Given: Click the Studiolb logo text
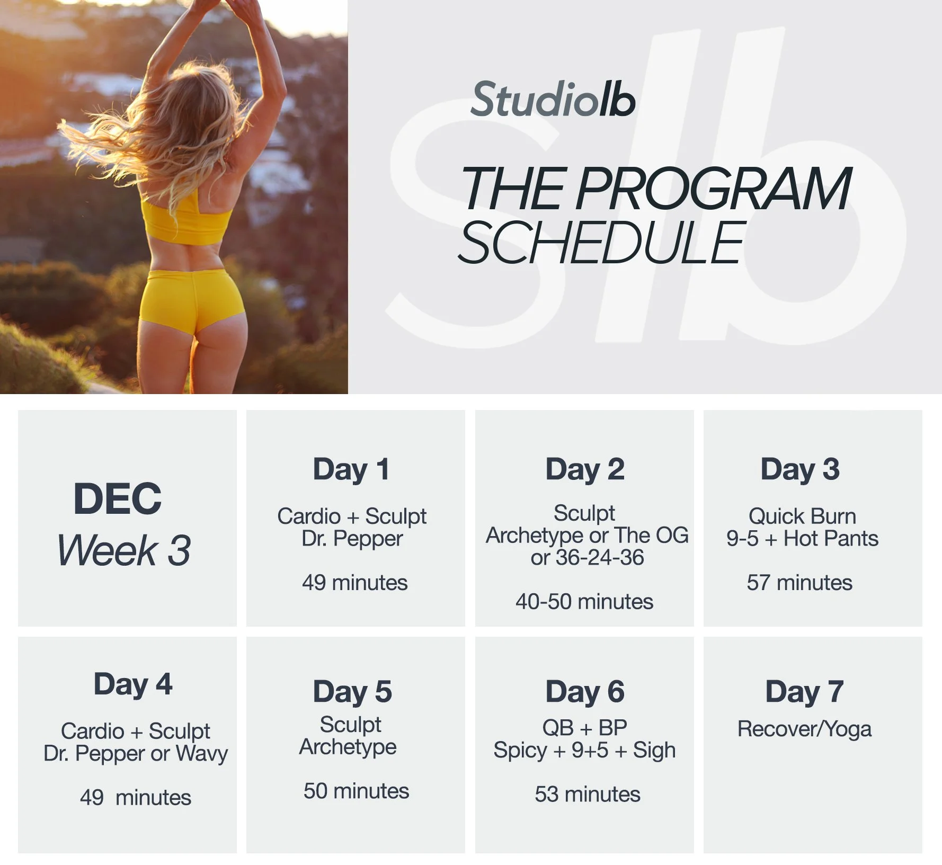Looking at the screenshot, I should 553,100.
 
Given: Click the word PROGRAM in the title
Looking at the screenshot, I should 713,189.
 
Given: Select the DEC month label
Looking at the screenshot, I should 118,499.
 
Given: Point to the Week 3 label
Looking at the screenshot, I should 124,550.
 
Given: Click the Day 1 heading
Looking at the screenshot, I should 351,470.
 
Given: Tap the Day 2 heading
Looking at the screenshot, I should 585,470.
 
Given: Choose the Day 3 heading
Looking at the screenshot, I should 800,470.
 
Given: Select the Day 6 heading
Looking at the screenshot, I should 585,692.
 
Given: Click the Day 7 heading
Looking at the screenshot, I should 804,692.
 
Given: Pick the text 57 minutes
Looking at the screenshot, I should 799,583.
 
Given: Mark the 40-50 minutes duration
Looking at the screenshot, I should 584,602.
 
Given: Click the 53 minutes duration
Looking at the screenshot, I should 588,795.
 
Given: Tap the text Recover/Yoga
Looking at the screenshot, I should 804,729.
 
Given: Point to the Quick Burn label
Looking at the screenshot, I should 802,516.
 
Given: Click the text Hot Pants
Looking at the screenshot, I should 831,539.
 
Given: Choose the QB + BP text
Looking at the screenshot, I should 585,728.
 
